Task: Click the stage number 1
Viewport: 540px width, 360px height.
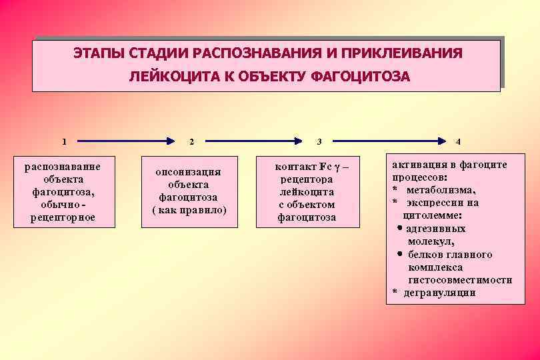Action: coord(64,141)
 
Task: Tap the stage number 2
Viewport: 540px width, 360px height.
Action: coord(191,141)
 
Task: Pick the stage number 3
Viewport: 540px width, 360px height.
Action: coord(319,141)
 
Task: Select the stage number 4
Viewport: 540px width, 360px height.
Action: coord(458,141)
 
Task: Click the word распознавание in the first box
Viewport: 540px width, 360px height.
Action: coord(63,166)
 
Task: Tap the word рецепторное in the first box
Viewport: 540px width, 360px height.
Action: coord(63,217)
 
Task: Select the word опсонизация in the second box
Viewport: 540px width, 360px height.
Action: coord(188,172)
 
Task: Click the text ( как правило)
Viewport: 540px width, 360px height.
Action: coord(189,210)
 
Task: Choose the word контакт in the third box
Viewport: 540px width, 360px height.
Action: coord(295,166)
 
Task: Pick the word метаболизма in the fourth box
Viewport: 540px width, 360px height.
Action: coord(443,190)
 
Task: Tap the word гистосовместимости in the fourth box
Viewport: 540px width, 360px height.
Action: coord(460,280)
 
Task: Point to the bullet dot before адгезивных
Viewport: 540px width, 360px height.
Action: coord(398,229)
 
